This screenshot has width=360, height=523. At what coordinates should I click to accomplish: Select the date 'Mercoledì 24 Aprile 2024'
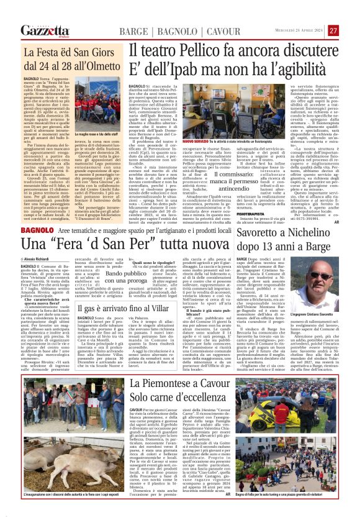click(301, 31)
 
